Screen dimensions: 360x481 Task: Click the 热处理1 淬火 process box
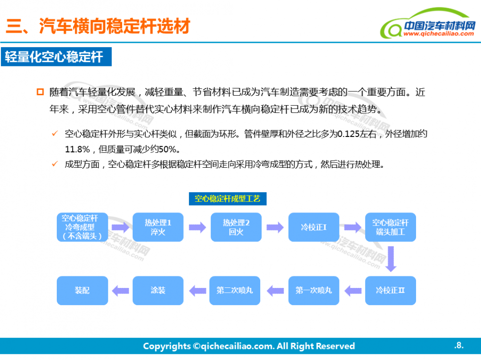[158, 227]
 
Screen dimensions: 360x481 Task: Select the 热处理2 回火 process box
[236, 227]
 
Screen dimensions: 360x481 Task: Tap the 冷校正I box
[314, 227]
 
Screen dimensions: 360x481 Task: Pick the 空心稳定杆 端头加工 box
[390, 227]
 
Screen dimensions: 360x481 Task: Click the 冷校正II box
[390, 290]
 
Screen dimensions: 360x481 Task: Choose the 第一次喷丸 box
[314, 290]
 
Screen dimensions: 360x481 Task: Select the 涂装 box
[158, 290]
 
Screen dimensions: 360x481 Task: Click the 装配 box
[82, 290]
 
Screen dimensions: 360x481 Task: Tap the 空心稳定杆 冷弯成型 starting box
[82, 227]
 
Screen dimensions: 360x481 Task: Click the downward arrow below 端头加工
[391, 259]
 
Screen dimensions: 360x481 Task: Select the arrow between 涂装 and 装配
[120, 290]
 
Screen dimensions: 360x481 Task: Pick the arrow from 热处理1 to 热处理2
[197, 227]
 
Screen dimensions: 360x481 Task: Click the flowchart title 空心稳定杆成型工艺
[227, 199]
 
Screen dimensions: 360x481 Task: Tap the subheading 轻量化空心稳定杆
[54, 57]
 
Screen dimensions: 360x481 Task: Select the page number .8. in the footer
[458, 345]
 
